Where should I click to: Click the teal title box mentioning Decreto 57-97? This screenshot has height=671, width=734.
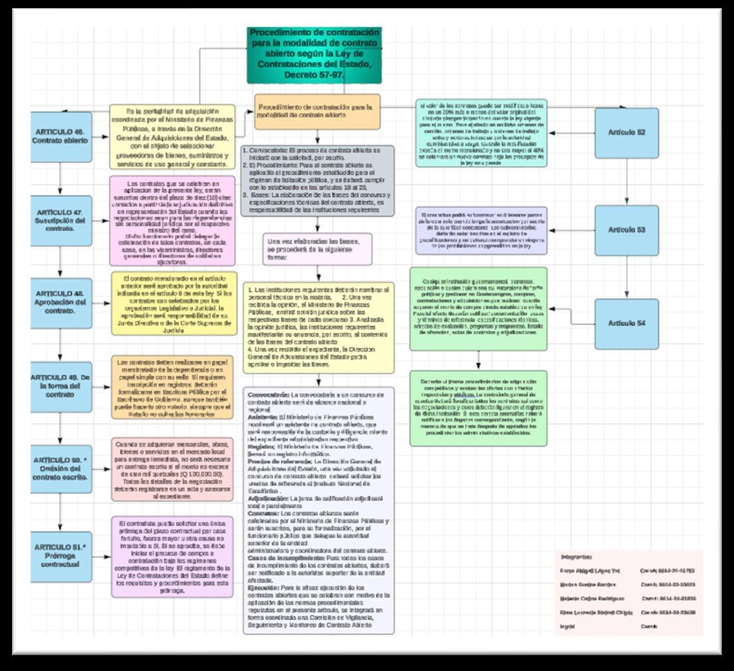click(x=314, y=55)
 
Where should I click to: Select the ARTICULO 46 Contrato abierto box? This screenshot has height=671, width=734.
click(x=61, y=136)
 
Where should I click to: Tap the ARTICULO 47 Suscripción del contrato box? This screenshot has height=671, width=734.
click(x=61, y=219)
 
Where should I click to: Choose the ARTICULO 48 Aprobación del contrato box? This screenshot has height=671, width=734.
click(x=61, y=302)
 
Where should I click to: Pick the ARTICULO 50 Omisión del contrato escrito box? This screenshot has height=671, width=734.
click(x=61, y=468)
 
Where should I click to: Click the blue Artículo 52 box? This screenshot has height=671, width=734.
click(x=626, y=133)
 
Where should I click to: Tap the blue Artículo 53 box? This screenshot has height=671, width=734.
click(x=626, y=229)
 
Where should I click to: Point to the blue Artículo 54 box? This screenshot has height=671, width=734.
click(x=626, y=323)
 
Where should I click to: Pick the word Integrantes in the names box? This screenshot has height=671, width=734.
click(x=576, y=556)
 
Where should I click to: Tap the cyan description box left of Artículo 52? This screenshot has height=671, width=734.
click(x=481, y=133)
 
